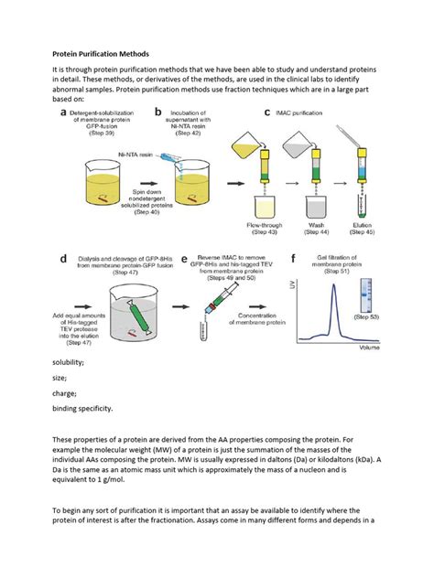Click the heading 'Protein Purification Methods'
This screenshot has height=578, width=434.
click(x=98, y=54)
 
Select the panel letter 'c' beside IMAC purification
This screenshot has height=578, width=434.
click(x=266, y=112)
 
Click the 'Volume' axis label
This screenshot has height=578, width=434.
click(x=396, y=348)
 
